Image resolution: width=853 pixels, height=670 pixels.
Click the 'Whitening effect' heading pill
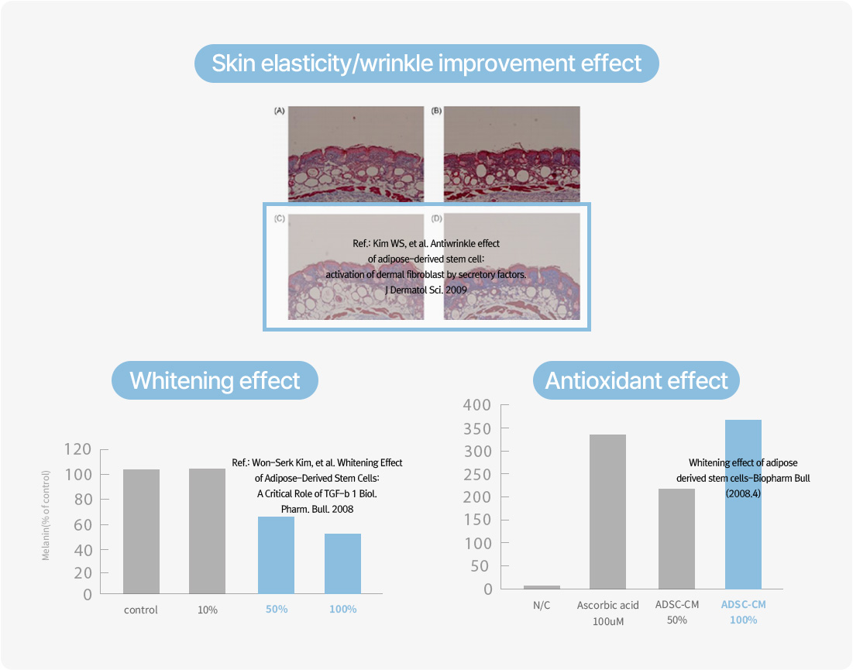(215, 380)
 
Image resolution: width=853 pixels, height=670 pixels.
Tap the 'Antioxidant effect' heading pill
(636, 380)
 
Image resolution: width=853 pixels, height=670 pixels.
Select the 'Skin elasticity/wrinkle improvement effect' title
(426, 64)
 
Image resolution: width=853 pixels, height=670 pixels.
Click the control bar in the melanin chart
(142, 531)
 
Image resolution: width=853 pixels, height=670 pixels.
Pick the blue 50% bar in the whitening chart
(276, 555)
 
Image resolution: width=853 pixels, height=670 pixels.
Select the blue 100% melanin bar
(342, 563)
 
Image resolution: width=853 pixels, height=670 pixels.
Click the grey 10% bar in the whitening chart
(208, 531)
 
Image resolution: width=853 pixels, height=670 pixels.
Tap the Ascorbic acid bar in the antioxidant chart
(607, 512)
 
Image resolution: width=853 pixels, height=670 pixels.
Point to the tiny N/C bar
(542, 587)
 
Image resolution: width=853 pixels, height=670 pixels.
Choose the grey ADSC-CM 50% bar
(676, 539)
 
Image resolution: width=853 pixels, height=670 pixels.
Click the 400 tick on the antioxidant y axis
(477, 404)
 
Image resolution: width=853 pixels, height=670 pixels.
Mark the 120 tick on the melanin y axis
(77, 449)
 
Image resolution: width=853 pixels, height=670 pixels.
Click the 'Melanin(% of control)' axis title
(46, 516)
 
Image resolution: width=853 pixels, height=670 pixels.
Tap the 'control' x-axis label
(141, 610)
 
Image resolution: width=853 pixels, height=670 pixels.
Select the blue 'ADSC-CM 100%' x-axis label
(744, 612)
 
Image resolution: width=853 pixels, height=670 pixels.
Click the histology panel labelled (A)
(356, 154)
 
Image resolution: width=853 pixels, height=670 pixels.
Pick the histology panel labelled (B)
(512, 154)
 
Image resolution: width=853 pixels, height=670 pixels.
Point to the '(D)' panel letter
(436, 218)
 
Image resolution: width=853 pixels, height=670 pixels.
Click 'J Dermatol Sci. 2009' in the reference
(426, 290)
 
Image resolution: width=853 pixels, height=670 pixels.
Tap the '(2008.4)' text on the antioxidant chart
(743, 494)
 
